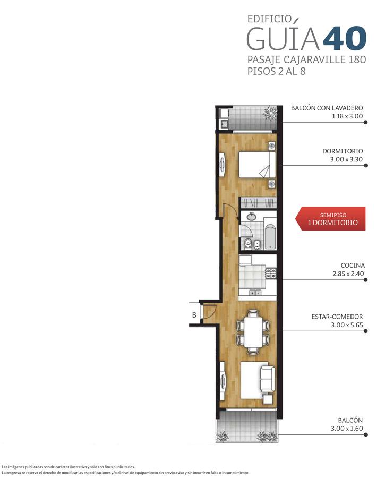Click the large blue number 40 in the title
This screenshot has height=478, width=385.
click(x=345, y=38)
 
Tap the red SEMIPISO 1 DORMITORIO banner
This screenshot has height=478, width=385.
click(x=330, y=219)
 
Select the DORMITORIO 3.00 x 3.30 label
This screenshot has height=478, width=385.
click(x=343, y=155)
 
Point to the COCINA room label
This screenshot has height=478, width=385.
click(x=353, y=266)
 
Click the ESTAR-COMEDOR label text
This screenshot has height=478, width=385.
click(x=337, y=317)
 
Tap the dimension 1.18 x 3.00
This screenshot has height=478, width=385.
click(x=347, y=116)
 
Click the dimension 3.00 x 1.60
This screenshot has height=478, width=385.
click(x=347, y=428)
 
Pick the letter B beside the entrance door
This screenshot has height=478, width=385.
click(x=194, y=315)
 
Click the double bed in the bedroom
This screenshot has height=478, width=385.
click(x=257, y=165)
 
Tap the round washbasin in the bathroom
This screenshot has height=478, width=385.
click(x=252, y=217)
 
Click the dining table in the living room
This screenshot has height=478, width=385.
click(x=253, y=331)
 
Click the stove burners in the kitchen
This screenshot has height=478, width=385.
click(x=271, y=273)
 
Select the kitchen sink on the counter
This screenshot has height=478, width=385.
click(x=255, y=293)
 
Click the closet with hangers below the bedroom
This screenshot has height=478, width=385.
click(x=259, y=203)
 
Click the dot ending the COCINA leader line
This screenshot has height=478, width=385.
click(x=366, y=280)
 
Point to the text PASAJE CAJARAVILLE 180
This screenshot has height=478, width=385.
click(x=306, y=59)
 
